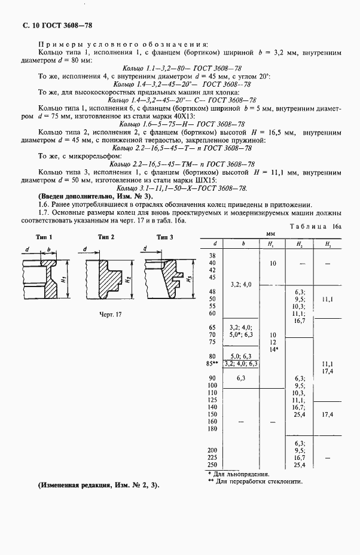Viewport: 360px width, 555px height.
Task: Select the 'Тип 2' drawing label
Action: [x=105, y=237]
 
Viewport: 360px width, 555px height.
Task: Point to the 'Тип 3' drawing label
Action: [x=164, y=237]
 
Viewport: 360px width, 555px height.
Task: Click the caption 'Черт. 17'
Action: [x=111, y=315]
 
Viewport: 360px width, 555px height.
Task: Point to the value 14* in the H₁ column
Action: [x=273, y=349]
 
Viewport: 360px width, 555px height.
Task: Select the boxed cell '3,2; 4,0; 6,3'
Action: [x=240, y=363]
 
